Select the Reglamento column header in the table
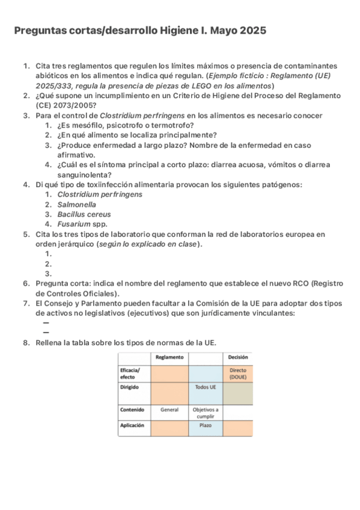coord(169,357)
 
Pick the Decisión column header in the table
coord(237,357)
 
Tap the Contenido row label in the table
coord(132,410)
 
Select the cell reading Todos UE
coord(206,387)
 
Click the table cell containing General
coord(169,410)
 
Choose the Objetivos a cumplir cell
coord(206,413)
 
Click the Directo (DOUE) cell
coord(237,373)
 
